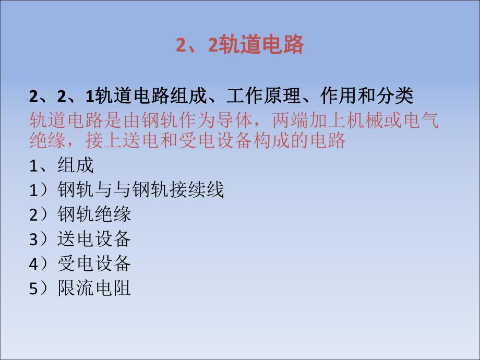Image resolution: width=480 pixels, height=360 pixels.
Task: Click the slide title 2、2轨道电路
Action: pyautogui.click(x=239, y=45)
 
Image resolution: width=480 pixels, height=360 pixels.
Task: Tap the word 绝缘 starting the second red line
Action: pyautogui.click(x=44, y=140)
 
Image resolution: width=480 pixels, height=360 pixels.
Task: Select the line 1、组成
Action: pyautogui.click(x=62, y=165)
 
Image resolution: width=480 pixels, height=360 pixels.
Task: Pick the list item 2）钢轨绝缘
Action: pyautogui.click(x=80, y=214)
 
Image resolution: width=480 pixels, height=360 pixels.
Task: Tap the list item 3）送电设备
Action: pyautogui.click(x=80, y=239)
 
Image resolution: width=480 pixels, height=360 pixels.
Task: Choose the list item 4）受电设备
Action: pyautogui.click(x=80, y=263)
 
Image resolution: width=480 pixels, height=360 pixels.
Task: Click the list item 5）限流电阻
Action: pyautogui.click(x=80, y=288)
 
